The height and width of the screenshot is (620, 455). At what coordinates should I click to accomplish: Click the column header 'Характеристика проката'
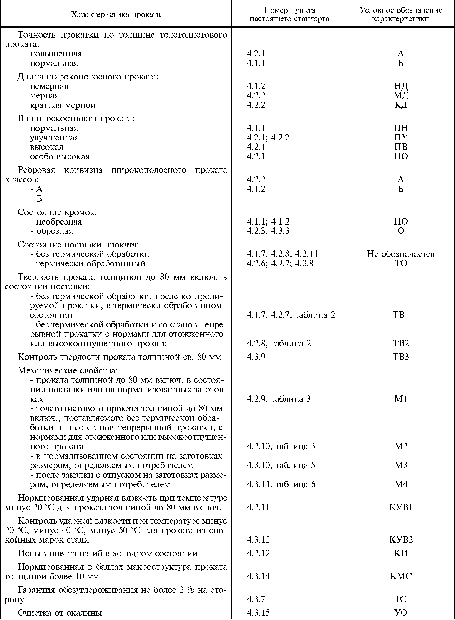click(116, 14)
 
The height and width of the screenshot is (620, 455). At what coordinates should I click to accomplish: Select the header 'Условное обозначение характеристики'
click(401, 14)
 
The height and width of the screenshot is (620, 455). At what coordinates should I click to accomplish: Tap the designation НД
click(401, 86)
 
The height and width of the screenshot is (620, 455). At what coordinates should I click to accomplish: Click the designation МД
click(401, 96)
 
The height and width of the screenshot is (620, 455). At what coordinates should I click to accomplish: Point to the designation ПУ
click(401, 137)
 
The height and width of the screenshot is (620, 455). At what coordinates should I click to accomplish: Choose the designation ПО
click(401, 156)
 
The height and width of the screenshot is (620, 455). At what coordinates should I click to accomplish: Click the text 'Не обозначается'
click(401, 254)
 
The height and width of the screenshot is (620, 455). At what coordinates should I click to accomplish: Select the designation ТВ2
click(401, 343)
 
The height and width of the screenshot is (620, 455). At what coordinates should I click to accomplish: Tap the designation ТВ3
click(401, 357)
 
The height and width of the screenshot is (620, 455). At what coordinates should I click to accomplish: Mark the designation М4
click(401, 484)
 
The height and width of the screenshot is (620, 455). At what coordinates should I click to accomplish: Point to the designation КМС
click(401, 576)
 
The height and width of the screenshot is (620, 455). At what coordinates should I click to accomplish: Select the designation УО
click(401, 613)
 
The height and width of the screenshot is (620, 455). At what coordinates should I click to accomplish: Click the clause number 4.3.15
click(258, 613)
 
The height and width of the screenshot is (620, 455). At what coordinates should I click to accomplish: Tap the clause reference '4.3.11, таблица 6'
click(281, 484)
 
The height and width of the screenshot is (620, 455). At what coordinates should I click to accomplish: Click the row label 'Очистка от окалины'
click(60, 613)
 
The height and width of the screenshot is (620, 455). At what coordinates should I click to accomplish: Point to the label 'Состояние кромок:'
click(57, 212)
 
